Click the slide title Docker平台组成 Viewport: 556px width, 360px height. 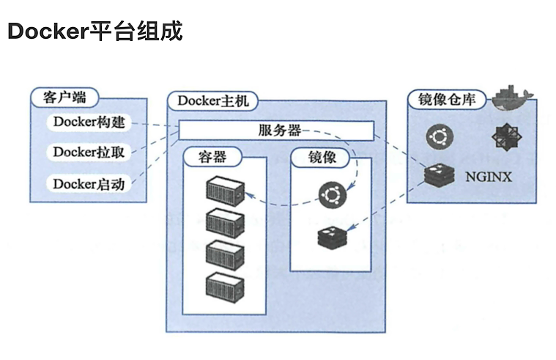(94, 32)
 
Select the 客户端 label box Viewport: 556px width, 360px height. (65, 96)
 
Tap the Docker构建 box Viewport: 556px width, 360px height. (89, 122)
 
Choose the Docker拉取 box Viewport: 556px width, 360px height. (89, 153)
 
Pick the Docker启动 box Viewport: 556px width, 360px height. (89, 183)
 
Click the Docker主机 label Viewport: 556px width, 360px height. (213, 100)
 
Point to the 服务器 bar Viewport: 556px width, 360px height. (277, 131)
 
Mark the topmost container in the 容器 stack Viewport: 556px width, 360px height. (224, 191)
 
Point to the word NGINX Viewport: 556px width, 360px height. (488, 177)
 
